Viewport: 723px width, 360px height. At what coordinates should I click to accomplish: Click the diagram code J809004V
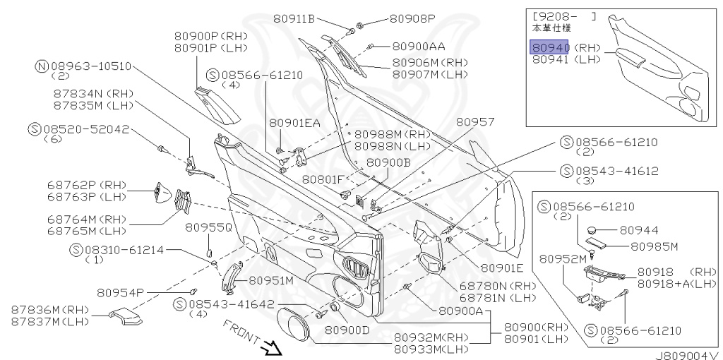click(686, 354)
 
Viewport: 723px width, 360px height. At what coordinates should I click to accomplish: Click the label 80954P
click(121, 292)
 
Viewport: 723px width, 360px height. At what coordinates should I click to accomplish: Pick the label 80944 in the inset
click(639, 230)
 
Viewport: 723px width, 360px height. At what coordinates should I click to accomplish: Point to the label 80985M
click(654, 246)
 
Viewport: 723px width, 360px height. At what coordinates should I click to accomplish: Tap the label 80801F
click(323, 179)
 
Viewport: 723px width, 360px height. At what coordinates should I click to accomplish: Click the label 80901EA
click(294, 123)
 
